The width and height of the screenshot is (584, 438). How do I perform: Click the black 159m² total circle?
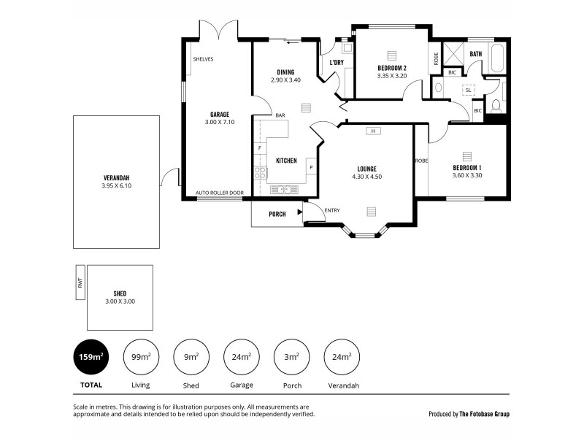tap(91, 357)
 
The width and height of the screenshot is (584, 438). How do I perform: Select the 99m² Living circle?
tap(142, 357)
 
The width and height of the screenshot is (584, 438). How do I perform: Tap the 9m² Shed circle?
tap(191, 357)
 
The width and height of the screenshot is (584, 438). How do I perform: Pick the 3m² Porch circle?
tap(291, 357)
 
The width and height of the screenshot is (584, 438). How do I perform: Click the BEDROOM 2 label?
tap(392, 68)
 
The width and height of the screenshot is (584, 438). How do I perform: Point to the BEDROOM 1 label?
tap(467, 167)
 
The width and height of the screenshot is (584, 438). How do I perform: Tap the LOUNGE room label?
tap(366, 168)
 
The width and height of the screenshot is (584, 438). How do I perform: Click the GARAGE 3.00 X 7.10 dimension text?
tap(220, 122)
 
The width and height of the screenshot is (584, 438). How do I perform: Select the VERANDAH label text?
tap(117, 177)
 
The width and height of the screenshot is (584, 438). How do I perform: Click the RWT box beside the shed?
tap(80, 283)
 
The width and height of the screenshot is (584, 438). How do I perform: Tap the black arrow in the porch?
tap(299, 213)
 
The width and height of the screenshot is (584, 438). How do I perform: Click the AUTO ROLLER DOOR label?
tap(219, 193)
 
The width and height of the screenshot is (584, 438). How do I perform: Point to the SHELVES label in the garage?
tap(203, 59)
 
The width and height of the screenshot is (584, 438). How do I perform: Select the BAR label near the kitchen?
tap(280, 115)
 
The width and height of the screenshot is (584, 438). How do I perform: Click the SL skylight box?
tap(468, 90)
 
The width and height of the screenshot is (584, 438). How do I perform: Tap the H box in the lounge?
tap(372, 131)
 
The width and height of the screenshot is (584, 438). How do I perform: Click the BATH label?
tap(476, 54)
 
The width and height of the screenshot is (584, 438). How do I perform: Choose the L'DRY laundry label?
tap(337, 63)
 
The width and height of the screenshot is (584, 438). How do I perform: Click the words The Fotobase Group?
tap(484, 414)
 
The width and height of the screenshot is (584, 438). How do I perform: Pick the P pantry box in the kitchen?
tap(311, 167)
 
